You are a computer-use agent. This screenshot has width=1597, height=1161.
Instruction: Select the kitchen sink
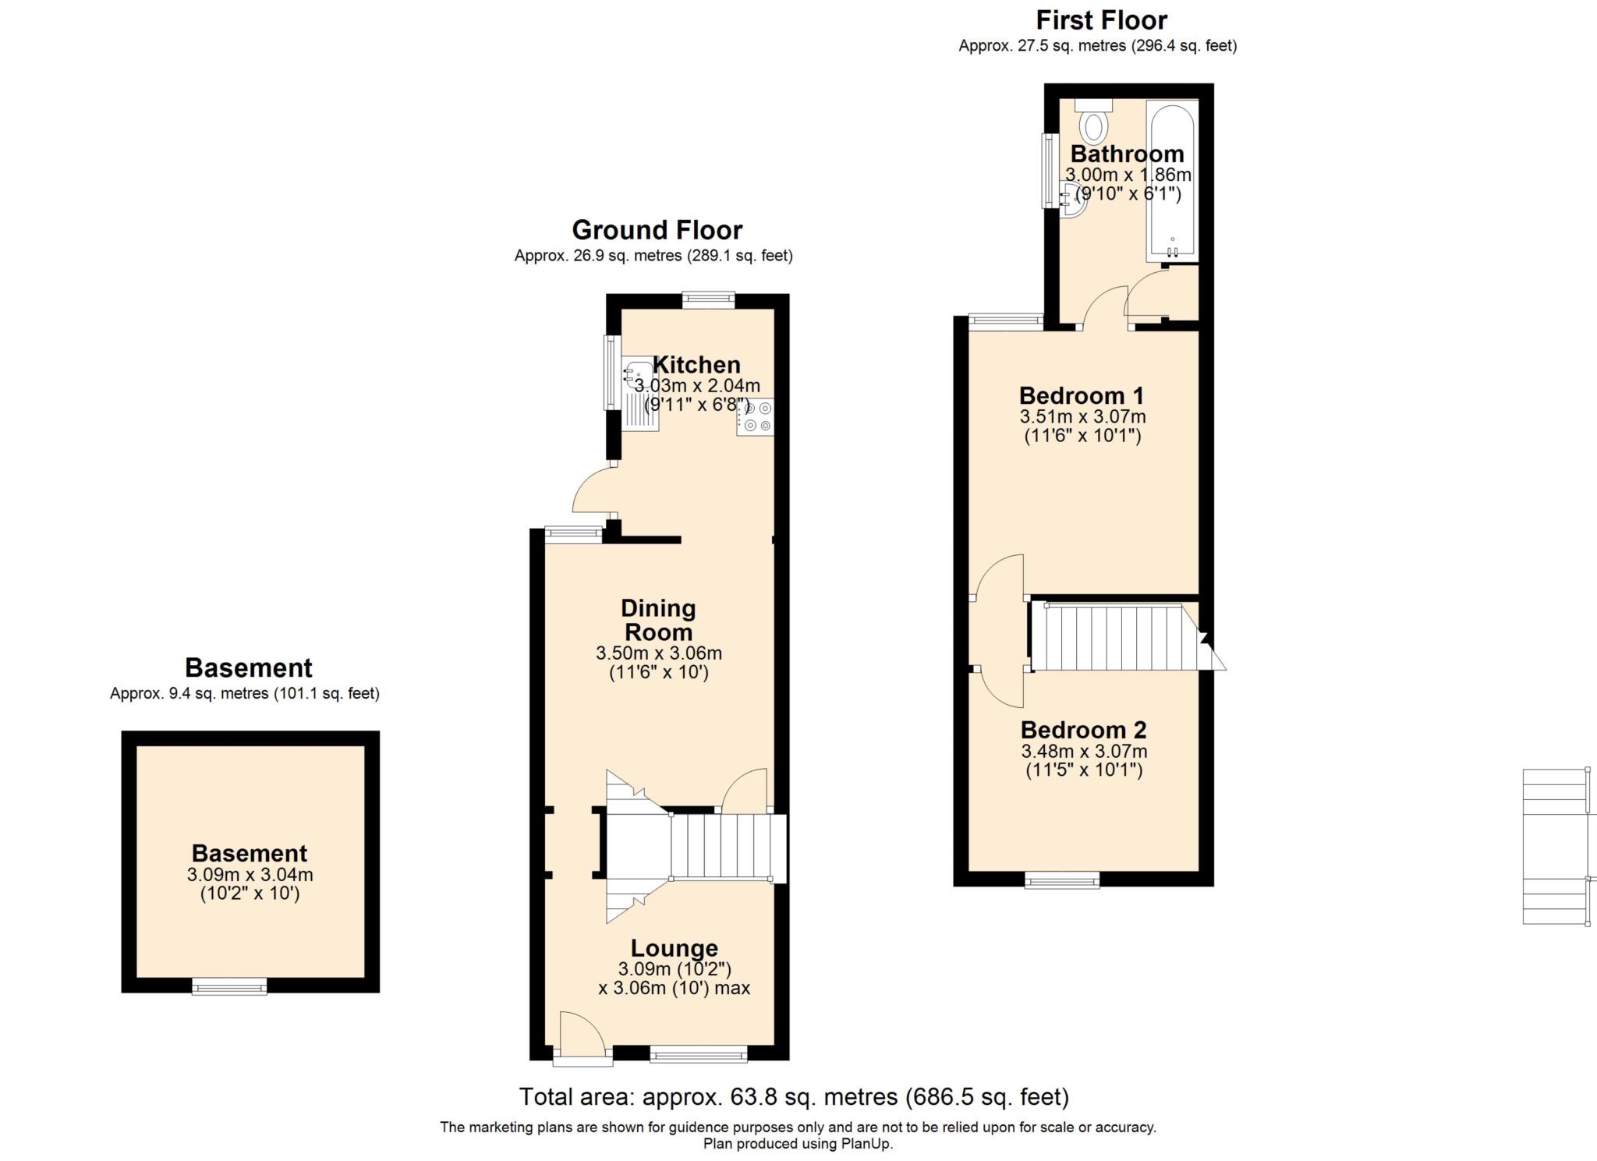click(x=641, y=395)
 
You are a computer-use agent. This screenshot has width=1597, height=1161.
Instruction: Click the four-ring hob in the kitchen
click(x=756, y=416)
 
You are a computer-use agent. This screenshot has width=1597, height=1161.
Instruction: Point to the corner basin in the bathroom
click(x=1073, y=200)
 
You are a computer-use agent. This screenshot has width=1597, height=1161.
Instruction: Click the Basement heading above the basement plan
click(x=248, y=668)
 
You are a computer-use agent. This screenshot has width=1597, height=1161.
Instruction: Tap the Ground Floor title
click(x=657, y=230)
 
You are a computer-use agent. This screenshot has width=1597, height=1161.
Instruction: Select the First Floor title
click(x=1101, y=19)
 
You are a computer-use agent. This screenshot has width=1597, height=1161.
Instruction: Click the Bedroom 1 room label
click(x=1082, y=395)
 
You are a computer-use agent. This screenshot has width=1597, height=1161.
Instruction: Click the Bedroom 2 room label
click(x=1083, y=730)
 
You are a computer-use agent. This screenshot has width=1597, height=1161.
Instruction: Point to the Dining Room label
click(x=658, y=620)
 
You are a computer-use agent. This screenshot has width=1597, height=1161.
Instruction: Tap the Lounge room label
click(x=674, y=948)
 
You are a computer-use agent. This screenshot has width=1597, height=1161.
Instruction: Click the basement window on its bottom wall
click(x=230, y=987)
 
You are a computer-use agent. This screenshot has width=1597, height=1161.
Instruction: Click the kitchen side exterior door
click(x=593, y=491)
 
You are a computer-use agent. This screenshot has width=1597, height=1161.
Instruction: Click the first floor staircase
click(x=1115, y=638)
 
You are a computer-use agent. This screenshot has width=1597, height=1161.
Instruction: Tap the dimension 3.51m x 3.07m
click(x=1082, y=417)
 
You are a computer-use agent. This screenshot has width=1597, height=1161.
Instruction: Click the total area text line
click(x=794, y=1097)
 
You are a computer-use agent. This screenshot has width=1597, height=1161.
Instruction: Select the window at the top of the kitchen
click(x=708, y=300)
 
